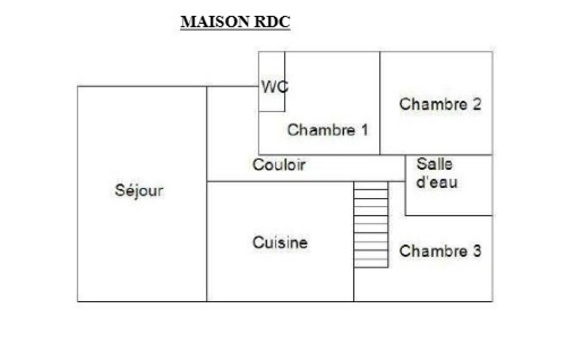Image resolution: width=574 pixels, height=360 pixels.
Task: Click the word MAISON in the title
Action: [x=215, y=22]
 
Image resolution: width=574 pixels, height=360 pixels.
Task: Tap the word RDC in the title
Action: [x=272, y=22]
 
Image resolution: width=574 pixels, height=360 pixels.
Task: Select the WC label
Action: [x=274, y=87]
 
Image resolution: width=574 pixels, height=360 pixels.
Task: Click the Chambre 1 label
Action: [x=328, y=130]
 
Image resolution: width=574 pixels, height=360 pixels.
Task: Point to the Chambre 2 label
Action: [x=440, y=104]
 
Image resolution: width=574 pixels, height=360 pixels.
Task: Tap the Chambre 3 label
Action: [x=440, y=251]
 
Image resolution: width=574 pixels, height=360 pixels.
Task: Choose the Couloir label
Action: [x=279, y=165]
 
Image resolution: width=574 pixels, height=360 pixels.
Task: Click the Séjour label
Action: [x=139, y=190]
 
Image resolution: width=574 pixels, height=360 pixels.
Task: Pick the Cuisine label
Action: [x=280, y=243]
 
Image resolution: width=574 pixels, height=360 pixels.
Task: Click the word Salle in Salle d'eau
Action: [x=434, y=164]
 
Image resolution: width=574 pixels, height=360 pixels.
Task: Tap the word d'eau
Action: [x=437, y=182]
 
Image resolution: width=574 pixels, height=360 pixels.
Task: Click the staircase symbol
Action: [x=371, y=224]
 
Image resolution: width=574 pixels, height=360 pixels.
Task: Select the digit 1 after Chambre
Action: [x=365, y=130]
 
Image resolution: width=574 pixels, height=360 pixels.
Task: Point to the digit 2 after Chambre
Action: [x=477, y=104]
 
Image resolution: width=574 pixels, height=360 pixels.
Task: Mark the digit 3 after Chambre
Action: [x=477, y=251]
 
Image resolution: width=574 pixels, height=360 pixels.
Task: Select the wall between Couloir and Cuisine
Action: [x=280, y=182]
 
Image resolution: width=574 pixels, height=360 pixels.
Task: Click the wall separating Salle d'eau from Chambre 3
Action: [x=448, y=216]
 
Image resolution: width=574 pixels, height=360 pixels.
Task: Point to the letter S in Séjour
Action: [x=119, y=190]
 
